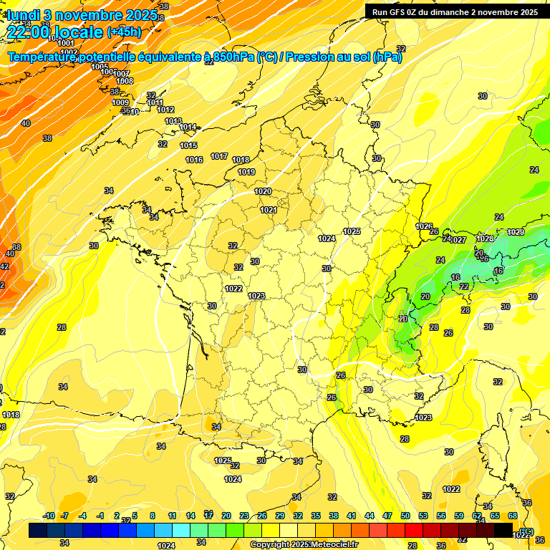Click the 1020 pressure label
[x=263, y=191]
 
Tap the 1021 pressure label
[x=269, y=210]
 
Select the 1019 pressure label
[x=246, y=172]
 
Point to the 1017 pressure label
[x=219, y=156]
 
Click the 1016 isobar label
[x=194, y=160]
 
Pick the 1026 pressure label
[x=424, y=226]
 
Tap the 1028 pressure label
[x=485, y=238]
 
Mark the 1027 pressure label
[x=458, y=240]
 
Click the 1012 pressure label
[x=165, y=110]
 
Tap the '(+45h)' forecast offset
[x=124, y=32]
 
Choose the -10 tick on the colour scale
[x=49, y=516]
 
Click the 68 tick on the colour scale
[x=513, y=516]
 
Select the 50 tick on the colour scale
[x=405, y=516]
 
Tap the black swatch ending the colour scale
[x=503, y=530]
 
